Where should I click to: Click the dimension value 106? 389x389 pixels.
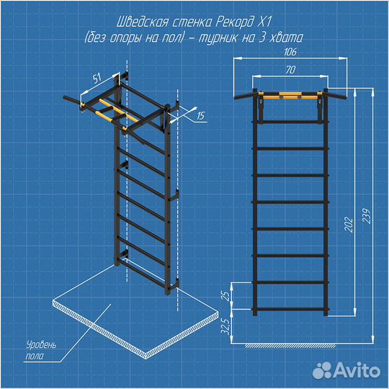290,52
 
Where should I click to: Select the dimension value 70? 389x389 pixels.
290,70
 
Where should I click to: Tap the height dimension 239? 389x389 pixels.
367,216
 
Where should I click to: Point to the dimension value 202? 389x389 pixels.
349,225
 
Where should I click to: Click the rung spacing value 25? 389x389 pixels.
226,296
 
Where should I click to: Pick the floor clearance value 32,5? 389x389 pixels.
226,326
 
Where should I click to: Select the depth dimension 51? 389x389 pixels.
97,78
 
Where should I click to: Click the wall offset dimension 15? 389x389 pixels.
201,115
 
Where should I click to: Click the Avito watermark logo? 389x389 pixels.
346,371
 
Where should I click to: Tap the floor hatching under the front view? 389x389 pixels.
291,346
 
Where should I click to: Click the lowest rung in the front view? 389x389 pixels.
290,309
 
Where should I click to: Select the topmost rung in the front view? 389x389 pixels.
290,122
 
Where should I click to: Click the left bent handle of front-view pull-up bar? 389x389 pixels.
243,96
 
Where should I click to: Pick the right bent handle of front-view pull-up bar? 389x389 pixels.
337,96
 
